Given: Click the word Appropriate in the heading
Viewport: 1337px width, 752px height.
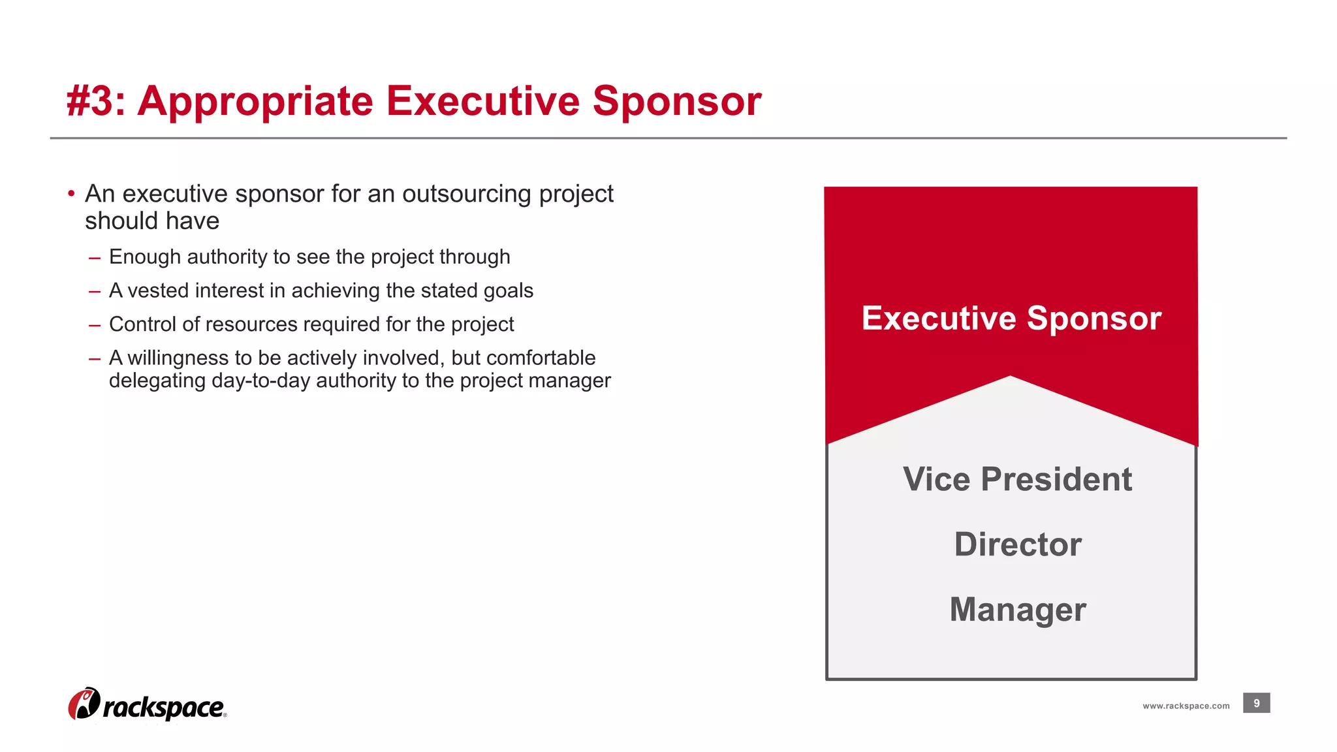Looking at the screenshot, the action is [255, 103].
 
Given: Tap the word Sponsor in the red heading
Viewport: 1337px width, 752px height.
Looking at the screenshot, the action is [676, 103].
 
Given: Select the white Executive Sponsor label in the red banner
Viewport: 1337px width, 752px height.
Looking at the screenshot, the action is [1011, 319].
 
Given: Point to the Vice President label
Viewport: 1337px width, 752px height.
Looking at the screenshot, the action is [1016, 479].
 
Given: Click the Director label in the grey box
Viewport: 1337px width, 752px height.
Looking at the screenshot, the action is [1017, 544].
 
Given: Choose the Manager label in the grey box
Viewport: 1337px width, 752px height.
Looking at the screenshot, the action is [1017, 610].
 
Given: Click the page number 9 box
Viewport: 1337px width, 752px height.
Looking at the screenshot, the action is [1256, 703].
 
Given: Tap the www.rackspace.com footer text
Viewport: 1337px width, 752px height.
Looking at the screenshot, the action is [1186, 706].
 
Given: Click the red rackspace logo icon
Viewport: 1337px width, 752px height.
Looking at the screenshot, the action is [84, 704].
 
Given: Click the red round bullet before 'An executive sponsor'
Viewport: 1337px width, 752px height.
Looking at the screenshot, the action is [71, 193].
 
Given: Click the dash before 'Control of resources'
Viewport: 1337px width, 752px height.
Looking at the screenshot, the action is [95, 325].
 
